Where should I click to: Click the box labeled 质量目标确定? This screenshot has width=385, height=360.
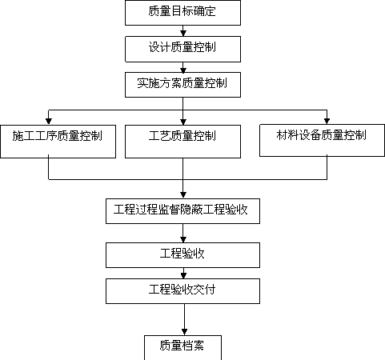coord(182,13)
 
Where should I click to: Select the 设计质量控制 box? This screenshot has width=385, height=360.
coord(182,50)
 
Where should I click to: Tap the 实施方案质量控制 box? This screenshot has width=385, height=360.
coord(182,85)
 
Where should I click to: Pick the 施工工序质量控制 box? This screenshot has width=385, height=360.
coord(58,142)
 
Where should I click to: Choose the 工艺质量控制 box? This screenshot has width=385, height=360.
coord(182,142)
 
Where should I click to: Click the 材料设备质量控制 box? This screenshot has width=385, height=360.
coord(322,140)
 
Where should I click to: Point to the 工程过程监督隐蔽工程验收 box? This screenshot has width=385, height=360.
coord(182,211)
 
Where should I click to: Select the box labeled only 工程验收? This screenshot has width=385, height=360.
coord(182,255)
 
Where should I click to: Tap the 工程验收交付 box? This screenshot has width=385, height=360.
coord(182,291)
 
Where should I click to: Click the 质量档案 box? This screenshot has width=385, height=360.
coord(182,348)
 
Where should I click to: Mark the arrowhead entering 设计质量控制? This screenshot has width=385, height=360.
coord(183,33)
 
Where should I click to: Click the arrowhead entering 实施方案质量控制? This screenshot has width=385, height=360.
coord(183,69)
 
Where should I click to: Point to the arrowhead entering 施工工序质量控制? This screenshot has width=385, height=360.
coord(49,122)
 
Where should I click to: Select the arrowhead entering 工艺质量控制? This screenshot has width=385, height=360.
coord(183,122)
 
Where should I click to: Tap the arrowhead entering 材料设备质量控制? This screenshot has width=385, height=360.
coord(327,121)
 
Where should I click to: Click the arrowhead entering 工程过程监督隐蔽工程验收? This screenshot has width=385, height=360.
coord(183,195)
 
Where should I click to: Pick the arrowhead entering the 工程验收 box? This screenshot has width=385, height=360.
coord(183,239)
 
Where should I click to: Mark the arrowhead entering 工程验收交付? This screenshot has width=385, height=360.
coord(183,275)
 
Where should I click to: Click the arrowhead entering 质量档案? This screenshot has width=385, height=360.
coord(184,332)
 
